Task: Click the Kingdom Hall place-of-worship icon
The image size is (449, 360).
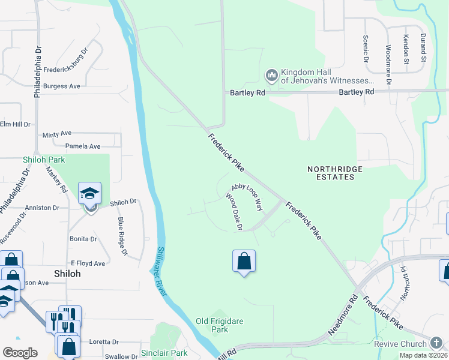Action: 271,75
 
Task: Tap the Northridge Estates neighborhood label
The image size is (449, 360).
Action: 335,173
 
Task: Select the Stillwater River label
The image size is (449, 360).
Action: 161,262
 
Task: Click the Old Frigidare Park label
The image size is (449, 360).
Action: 220,325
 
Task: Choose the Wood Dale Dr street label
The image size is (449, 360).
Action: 234,212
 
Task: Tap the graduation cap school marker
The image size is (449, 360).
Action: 90,194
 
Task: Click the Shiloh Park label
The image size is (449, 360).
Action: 44,160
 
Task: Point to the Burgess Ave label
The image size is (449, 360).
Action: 61,86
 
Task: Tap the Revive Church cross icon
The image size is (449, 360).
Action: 436,343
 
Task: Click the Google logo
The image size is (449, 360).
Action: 20,353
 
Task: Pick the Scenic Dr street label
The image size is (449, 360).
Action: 366,48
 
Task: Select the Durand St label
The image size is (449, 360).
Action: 424,49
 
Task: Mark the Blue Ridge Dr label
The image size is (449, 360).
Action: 122,235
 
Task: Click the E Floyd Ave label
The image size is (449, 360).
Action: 88,263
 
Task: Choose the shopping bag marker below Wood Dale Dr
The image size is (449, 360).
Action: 244,262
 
